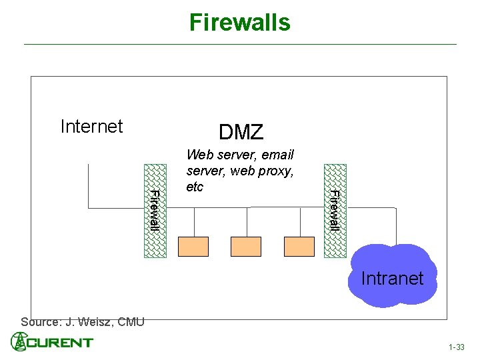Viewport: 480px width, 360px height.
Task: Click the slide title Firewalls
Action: (240, 22)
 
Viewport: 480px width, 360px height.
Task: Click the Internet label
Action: (91, 127)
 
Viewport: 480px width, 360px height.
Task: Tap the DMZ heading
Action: (241, 133)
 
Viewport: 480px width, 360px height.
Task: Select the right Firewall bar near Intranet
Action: (335, 210)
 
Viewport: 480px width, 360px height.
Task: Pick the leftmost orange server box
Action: (193, 247)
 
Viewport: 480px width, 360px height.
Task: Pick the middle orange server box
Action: (246, 247)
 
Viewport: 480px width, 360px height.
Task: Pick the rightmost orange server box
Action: (299, 247)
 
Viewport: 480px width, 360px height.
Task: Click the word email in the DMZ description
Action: (277, 155)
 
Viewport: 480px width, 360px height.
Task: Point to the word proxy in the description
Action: (277, 171)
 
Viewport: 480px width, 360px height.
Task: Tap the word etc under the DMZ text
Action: (195, 187)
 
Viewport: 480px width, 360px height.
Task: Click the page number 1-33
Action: (457, 347)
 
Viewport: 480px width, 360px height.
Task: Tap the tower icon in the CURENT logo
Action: (19, 341)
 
